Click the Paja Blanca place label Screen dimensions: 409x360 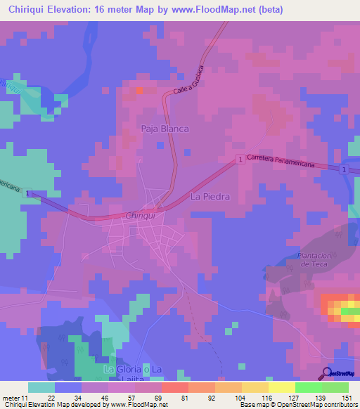pos(165,129)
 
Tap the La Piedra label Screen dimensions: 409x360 pos(210,197)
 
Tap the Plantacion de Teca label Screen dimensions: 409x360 pos(314,259)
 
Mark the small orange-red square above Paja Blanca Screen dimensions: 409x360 pos(139,90)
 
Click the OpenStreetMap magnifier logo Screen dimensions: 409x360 pos(327,373)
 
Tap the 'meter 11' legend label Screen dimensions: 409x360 pos(15,398)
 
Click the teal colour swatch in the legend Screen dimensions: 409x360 pos(41,387)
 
